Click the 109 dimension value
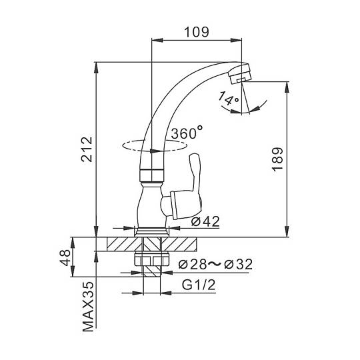(197, 32)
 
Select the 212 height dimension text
(87, 149)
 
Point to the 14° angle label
(229, 99)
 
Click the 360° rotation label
(187, 133)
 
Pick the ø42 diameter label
(205, 221)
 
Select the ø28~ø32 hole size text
(215, 264)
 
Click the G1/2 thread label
(199, 285)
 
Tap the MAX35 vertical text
(89, 307)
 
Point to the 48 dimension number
(65, 258)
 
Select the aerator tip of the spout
(240, 73)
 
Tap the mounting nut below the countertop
(152, 259)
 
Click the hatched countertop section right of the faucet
(179, 244)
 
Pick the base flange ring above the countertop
(152, 232)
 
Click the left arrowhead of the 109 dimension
(157, 40)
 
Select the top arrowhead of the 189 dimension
(287, 87)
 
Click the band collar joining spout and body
(152, 175)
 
